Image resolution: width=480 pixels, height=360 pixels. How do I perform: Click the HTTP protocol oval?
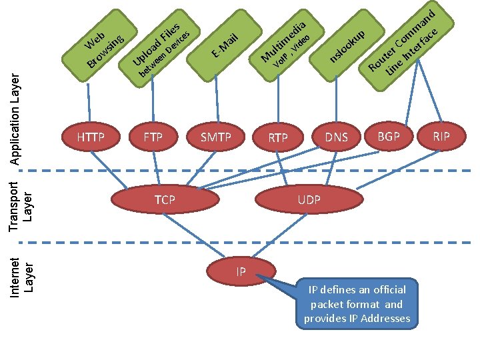coord(91,137)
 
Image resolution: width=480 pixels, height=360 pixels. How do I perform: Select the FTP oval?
coord(153,137)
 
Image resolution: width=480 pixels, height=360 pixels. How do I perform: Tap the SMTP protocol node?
coord(216,137)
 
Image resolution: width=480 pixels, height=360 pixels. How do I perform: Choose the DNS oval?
coord(337,137)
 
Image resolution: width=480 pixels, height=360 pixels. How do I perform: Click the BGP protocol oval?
coord(389,136)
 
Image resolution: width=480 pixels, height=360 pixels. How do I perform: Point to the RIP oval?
coord(441,136)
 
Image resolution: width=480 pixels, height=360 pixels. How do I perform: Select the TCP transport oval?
coord(165,199)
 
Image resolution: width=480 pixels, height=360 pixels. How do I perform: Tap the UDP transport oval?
coord(309,199)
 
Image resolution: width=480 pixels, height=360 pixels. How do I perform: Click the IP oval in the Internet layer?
coord(241,271)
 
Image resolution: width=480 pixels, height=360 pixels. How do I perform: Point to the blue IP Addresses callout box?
coord(357,304)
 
